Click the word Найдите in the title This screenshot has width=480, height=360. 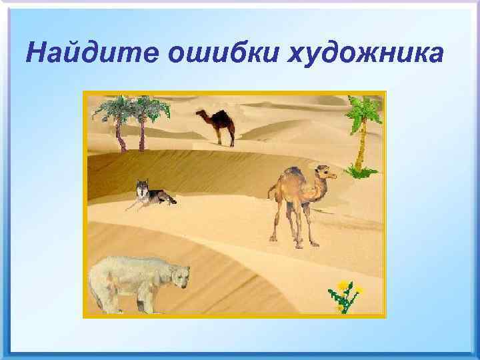click(x=91, y=51)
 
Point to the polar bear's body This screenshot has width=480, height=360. click(x=127, y=280)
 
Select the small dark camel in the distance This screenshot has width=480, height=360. click(x=217, y=125)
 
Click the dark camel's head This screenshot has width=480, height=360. click(x=199, y=113)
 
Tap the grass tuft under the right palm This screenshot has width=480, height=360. click(x=361, y=173)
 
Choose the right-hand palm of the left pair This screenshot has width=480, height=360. click(x=143, y=120)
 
